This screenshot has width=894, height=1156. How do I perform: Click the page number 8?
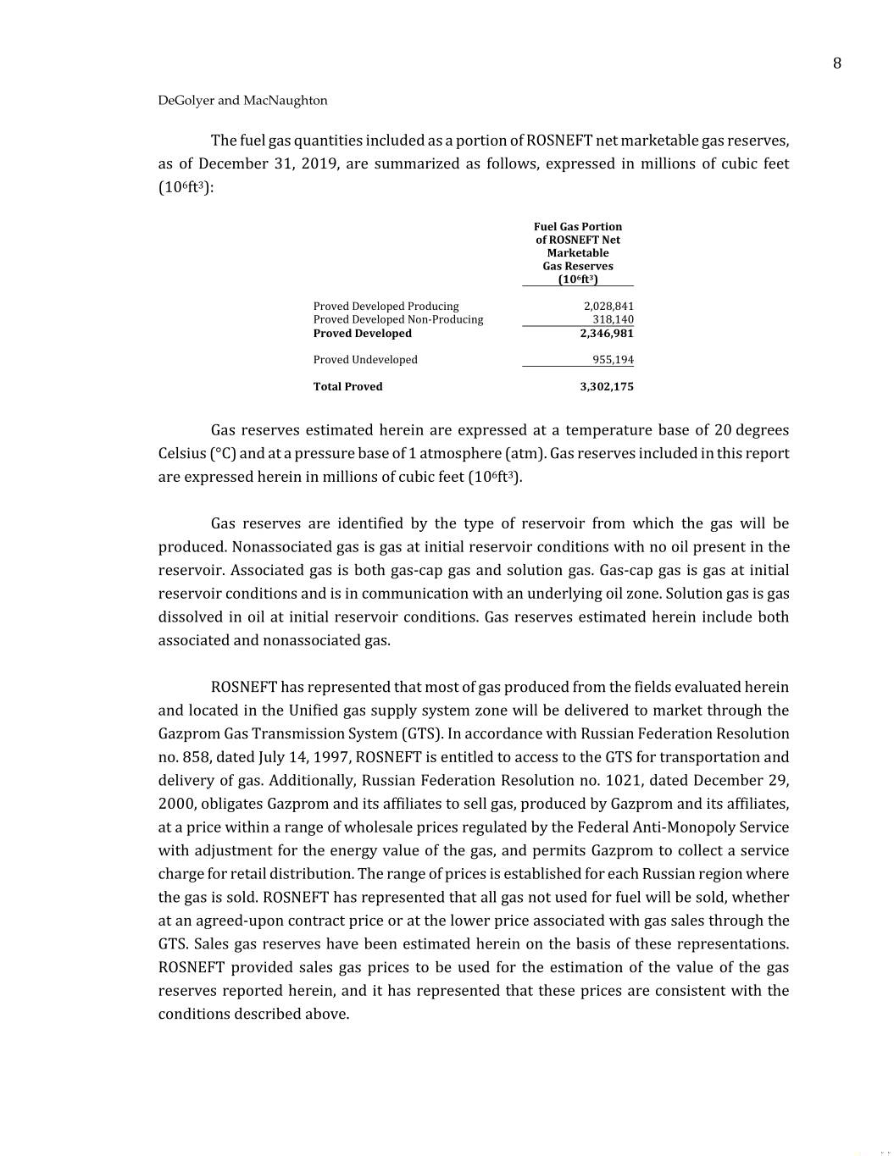click(836, 64)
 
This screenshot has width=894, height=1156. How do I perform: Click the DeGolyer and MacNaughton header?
click(242, 100)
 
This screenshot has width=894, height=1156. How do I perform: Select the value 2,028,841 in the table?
click(608, 306)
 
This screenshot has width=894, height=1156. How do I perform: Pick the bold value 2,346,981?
click(607, 333)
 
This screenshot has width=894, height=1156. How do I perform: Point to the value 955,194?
click(613, 359)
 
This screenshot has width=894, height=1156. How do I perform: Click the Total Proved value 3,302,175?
click(607, 386)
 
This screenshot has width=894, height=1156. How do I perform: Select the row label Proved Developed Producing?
click(386, 306)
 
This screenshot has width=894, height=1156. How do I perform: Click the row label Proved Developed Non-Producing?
click(398, 319)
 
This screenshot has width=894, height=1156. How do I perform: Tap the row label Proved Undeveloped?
click(365, 359)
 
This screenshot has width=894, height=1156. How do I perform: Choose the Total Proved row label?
click(347, 386)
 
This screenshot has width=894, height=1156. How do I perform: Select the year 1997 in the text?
click(333, 757)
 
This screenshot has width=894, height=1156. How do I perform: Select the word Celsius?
click(181, 453)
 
